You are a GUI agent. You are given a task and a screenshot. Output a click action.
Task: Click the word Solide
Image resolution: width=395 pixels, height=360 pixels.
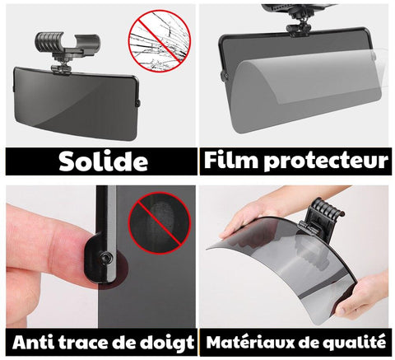104,161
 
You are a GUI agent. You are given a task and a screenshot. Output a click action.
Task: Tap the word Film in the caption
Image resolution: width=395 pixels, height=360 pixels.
230,160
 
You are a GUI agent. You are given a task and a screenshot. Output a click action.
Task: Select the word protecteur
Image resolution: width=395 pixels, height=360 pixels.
326,161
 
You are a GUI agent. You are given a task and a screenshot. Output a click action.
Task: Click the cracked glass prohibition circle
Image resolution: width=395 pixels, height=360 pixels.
160,41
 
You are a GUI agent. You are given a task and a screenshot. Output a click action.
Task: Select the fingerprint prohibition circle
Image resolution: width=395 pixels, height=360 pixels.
160,223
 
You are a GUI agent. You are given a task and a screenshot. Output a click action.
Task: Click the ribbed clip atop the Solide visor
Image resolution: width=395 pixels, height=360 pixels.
67,44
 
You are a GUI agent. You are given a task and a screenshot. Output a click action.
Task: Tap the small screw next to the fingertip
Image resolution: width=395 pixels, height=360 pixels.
106,257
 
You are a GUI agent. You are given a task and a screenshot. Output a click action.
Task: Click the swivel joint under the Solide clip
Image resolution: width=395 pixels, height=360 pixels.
61,67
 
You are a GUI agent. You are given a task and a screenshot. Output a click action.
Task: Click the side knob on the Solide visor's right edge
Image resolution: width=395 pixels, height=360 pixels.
137,104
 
